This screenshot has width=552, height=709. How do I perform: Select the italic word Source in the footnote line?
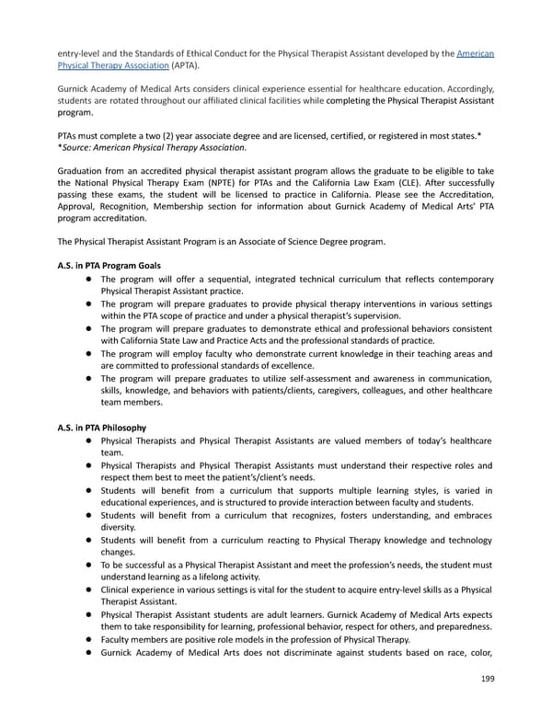coord(83,147)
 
